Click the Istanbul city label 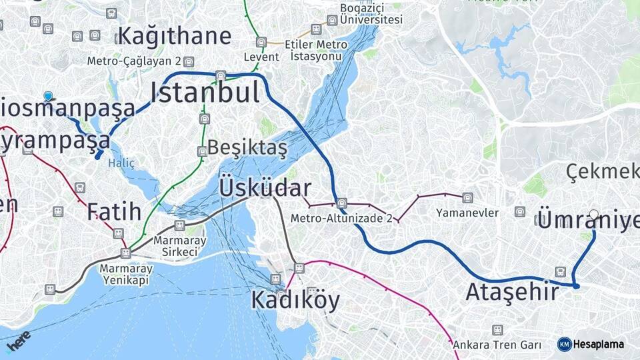205,92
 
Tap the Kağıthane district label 175,36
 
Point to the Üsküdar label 265,189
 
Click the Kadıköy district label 295,301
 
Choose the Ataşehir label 512,292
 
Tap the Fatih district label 114,212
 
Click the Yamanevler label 467,213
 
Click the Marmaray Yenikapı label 126,274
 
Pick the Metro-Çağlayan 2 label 134,61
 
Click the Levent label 261,57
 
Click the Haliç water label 121,163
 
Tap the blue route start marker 48,97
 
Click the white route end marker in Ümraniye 594,214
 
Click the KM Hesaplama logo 591,344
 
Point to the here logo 19,340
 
